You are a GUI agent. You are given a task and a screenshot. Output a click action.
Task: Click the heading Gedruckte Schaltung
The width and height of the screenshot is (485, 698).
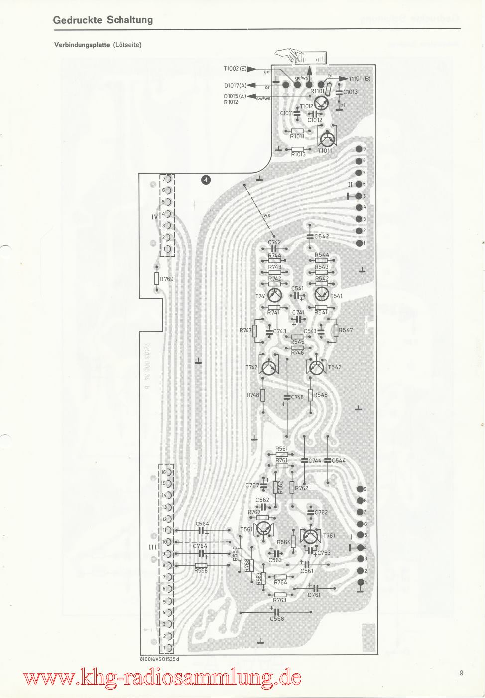point(103,20)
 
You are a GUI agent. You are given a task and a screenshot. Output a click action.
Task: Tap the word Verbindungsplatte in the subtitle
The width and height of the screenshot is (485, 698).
point(82,45)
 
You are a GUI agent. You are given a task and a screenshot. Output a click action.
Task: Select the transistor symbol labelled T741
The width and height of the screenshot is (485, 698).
point(274,295)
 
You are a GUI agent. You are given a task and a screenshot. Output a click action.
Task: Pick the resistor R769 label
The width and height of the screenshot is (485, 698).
point(166,279)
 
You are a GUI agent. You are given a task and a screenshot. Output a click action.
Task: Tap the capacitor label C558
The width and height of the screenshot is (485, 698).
point(277,619)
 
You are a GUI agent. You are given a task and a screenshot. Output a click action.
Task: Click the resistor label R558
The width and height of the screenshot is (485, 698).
point(201,570)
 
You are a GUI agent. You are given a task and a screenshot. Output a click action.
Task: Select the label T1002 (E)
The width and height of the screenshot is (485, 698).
point(236,68)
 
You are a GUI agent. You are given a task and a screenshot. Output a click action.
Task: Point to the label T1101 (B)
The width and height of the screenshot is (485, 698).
point(360,78)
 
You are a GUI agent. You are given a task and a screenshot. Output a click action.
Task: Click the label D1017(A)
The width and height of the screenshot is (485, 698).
point(236,85)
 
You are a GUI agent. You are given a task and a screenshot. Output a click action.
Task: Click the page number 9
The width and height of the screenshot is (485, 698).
point(462,673)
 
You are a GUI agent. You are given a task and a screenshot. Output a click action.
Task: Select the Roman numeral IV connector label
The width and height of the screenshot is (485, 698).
point(154,217)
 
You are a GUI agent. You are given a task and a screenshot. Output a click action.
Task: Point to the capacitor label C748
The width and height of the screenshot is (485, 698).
point(297,397)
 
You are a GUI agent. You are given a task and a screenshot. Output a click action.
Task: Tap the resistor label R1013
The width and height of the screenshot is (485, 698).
point(298,155)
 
